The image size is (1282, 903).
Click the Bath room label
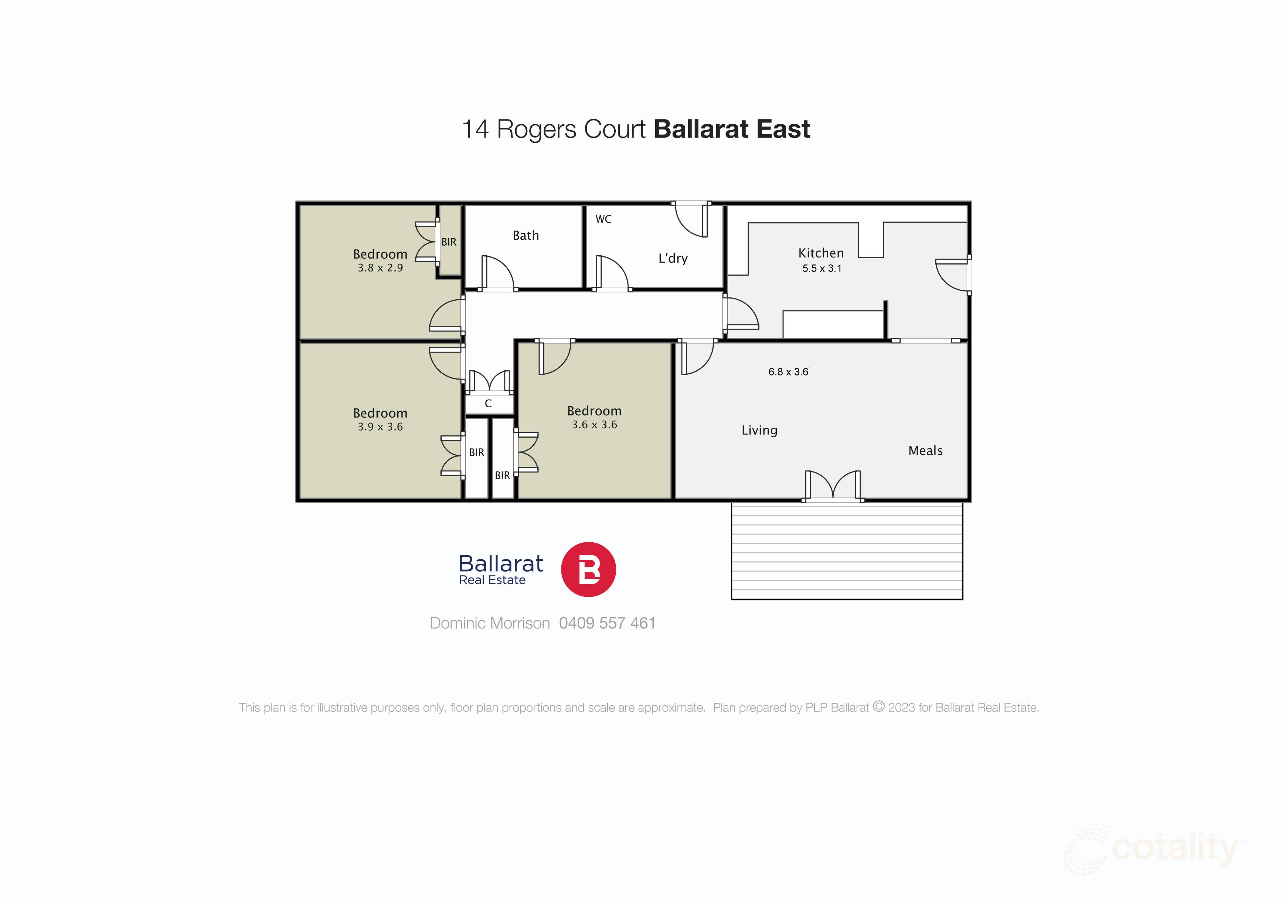pyautogui.click(x=526, y=235)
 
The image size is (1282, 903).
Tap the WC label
pyautogui.click(x=603, y=219)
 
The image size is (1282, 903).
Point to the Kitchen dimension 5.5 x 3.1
pyautogui.click(x=822, y=268)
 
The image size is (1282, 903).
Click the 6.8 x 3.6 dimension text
pyautogui.click(x=788, y=371)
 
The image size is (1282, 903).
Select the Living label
pyautogui.click(x=759, y=430)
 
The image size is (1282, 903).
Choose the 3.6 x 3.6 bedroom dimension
pyautogui.click(x=594, y=425)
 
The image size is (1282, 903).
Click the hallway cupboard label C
pyautogui.click(x=488, y=404)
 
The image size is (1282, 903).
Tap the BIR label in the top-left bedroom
pyautogui.click(x=448, y=242)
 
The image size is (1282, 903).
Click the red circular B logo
pyautogui.click(x=588, y=569)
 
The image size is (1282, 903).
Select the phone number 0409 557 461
pyautogui.click(x=607, y=623)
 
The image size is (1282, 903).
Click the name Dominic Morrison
pyautogui.click(x=489, y=623)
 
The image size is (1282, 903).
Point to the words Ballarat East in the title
pyautogui.click(x=731, y=129)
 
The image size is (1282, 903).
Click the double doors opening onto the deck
pyautogui.click(x=833, y=485)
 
